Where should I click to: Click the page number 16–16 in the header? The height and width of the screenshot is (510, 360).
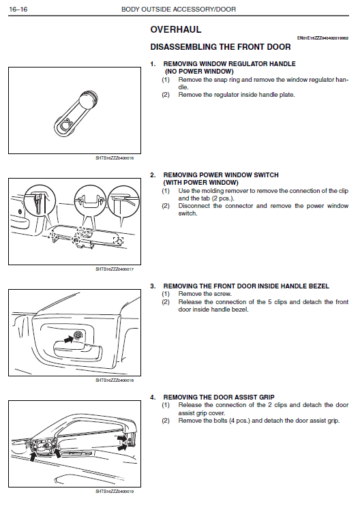point(18,9)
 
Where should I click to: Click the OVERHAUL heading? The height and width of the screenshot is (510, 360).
point(176,29)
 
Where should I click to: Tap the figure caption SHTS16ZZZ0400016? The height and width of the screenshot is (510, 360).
point(115,158)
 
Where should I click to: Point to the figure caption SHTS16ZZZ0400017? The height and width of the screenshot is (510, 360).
point(115,269)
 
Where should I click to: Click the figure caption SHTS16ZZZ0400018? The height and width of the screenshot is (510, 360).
point(115,380)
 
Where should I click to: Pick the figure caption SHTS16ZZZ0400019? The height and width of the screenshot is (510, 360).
point(115,492)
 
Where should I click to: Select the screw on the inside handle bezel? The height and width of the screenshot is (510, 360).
point(78,335)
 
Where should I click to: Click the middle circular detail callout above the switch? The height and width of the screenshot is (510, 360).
point(90,201)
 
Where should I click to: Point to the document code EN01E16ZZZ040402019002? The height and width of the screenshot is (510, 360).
point(322,38)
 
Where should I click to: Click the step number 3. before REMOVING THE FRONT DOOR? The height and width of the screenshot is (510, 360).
point(153,286)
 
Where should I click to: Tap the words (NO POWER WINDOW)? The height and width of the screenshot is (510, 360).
point(199,72)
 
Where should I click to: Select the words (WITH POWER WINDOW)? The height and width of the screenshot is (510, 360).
point(200,183)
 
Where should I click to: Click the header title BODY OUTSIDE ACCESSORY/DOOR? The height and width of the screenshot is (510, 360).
point(179,9)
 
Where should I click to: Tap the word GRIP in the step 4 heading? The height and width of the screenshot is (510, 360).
point(267,397)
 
